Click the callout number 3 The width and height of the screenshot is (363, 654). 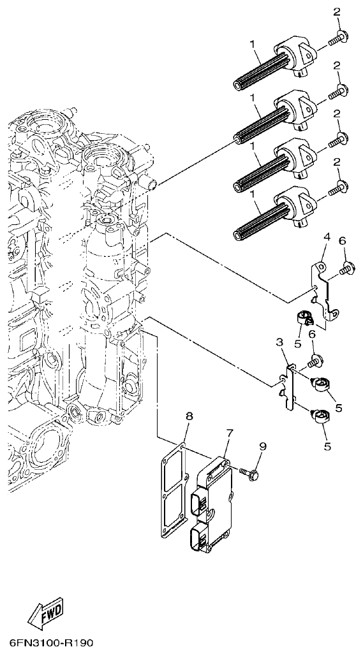(279, 343)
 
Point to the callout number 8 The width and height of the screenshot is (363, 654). (189, 417)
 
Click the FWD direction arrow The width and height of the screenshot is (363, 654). (45, 614)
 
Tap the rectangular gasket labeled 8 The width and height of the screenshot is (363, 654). (170, 493)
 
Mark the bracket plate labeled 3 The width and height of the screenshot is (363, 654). (288, 387)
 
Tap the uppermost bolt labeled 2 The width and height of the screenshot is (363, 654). (337, 38)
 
